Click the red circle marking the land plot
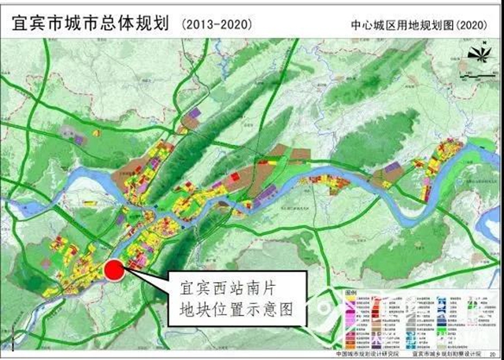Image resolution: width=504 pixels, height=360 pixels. pos(114,270)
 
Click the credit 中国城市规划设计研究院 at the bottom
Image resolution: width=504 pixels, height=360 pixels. pos(368,354)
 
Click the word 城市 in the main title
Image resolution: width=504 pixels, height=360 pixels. pos(81,24)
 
